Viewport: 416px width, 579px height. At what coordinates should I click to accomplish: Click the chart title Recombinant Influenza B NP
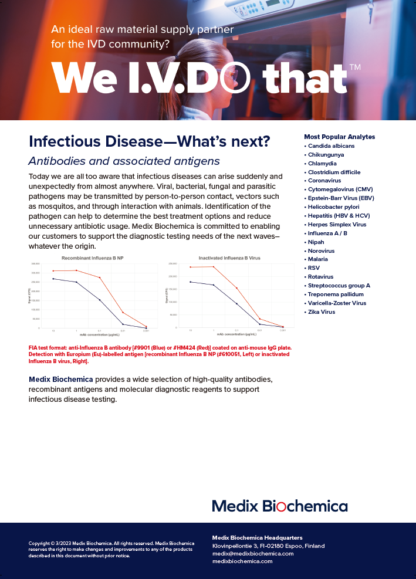(x=93, y=258)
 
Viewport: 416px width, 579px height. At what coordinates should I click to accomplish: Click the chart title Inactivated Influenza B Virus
(x=229, y=258)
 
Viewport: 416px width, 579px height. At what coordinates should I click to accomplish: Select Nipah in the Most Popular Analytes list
(x=316, y=242)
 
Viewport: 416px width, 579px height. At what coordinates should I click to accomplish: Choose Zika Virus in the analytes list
(x=322, y=311)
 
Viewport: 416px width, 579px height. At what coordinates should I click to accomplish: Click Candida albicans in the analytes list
(x=331, y=146)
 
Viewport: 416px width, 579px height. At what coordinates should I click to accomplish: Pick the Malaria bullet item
(x=319, y=259)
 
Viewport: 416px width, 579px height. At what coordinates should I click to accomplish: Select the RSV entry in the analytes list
(x=314, y=268)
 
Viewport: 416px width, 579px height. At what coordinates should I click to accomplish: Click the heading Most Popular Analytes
(x=339, y=137)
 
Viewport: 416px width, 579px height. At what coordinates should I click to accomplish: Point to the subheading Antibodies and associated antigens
(x=124, y=161)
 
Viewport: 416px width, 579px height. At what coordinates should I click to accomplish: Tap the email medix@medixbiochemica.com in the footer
(x=253, y=553)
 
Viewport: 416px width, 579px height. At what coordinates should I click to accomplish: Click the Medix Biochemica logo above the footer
(x=279, y=506)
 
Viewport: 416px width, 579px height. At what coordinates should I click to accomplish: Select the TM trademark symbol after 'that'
(x=354, y=67)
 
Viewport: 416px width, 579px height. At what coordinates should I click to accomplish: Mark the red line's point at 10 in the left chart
(x=53, y=271)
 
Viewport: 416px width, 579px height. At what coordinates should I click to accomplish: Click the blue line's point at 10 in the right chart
(x=191, y=282)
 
